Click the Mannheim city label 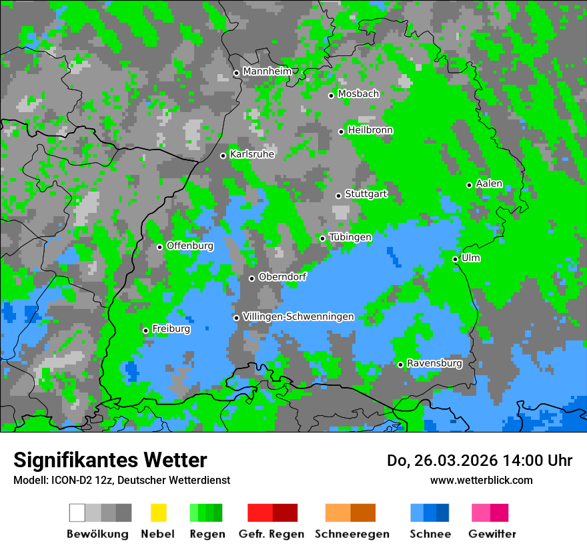pos(267,71)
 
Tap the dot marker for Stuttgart pos(338,196)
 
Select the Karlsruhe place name pos(251,154)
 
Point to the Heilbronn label pos(370,130)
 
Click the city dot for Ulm pos(455,259)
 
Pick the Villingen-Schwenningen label pos(298,316)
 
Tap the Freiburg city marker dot pos(145,330)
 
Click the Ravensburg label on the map pos(434,363)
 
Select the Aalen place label pos(489,184)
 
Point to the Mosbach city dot pos(331,95)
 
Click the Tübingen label pos(350,237)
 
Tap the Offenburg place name pos(190,246)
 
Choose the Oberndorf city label pos(282,277)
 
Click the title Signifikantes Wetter pos(110,460)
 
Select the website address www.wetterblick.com pos(481,480)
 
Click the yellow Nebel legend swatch pos(158,513)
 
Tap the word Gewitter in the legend pos(492,534)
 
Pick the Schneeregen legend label pos(351,534)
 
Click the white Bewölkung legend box pos(77,513)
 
